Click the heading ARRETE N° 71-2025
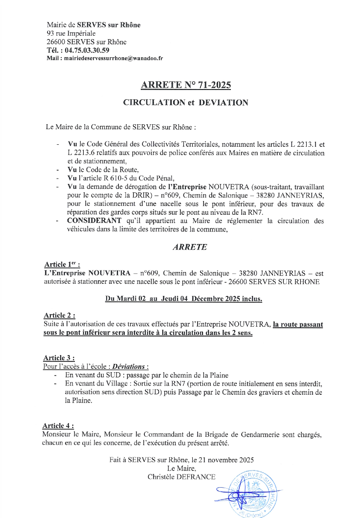pos(185,85)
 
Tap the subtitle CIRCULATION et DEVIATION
pos(185,103)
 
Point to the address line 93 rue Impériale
pos(67,33)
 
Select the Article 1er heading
pos(62,263)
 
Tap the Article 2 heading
pos(60,315)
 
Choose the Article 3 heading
pos(60,358)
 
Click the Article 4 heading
pos(60,426)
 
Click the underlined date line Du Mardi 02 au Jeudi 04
pos(183,299)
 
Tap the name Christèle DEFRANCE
pos(181,476)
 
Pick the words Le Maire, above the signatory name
pos(181,468)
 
